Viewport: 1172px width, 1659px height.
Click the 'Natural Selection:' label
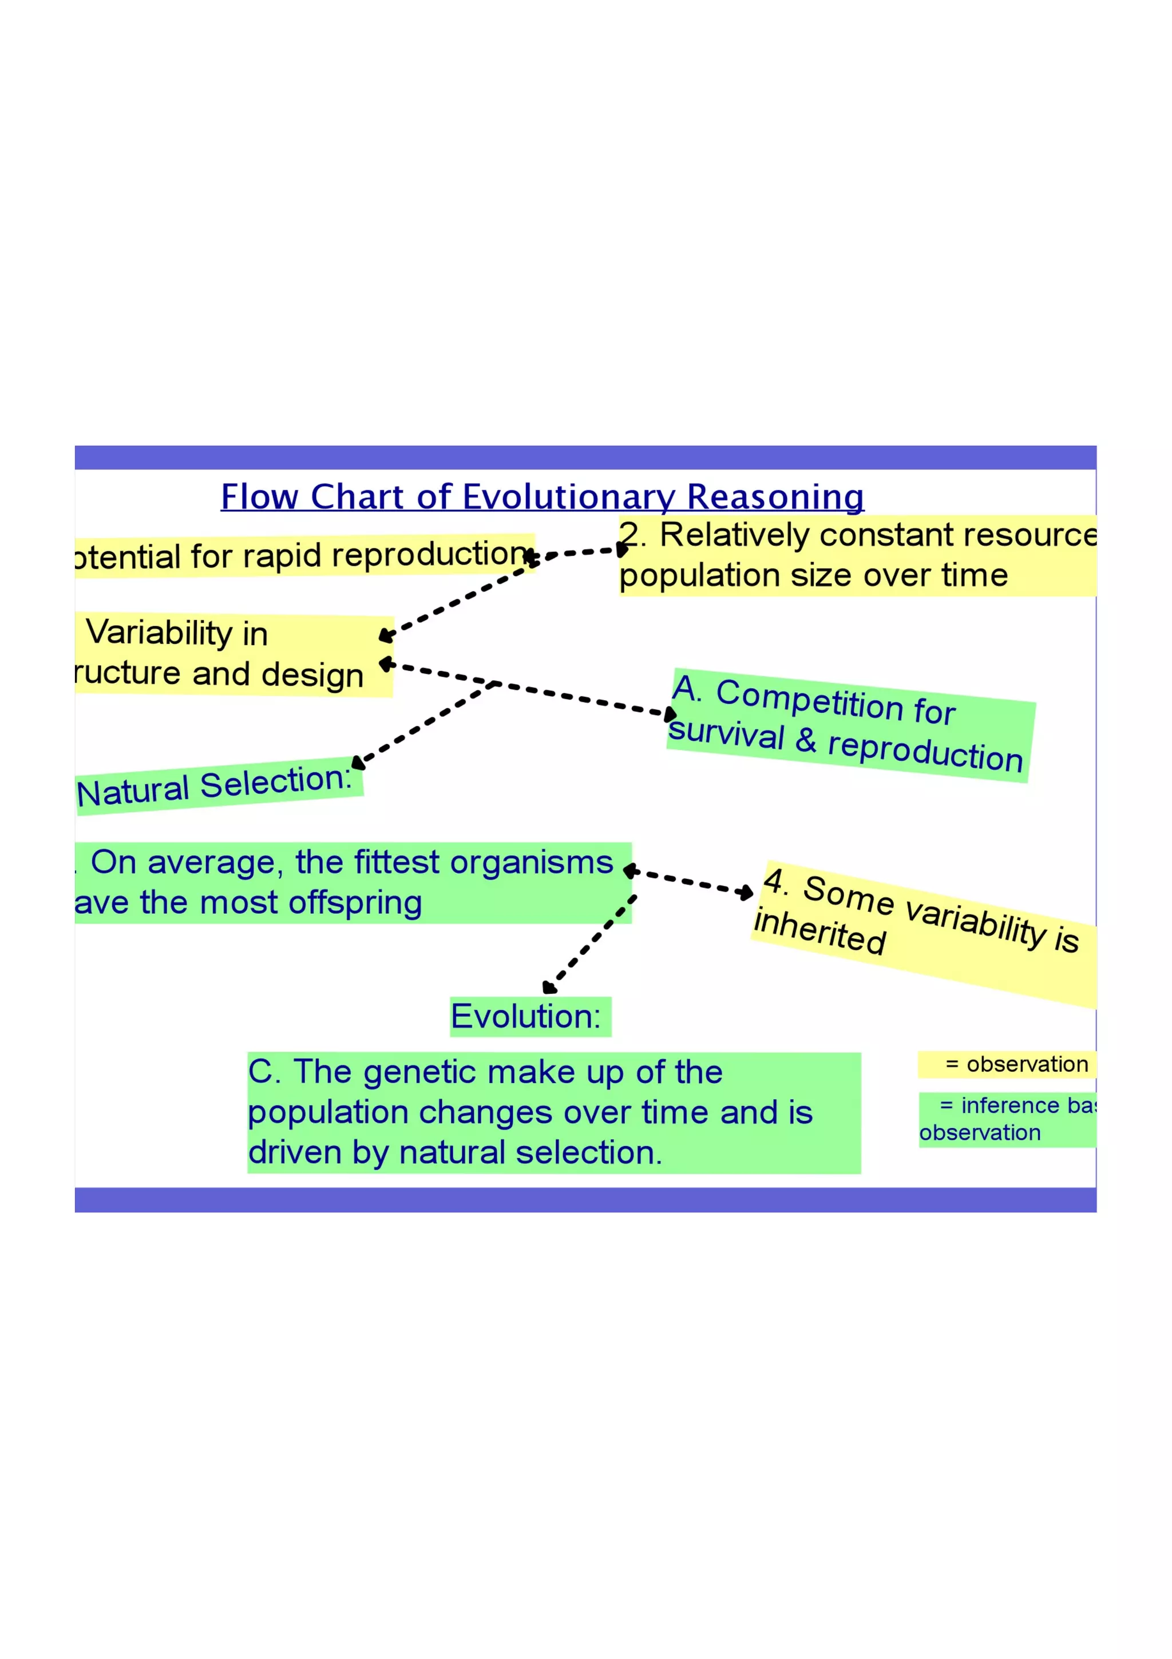click(x=215, y=785)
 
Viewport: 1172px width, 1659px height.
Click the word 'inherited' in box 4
click(x=819, y=932)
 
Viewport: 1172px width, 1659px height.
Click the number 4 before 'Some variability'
click(x=775, y=882)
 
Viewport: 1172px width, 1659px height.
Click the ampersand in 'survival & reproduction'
click(x=806, y=741)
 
